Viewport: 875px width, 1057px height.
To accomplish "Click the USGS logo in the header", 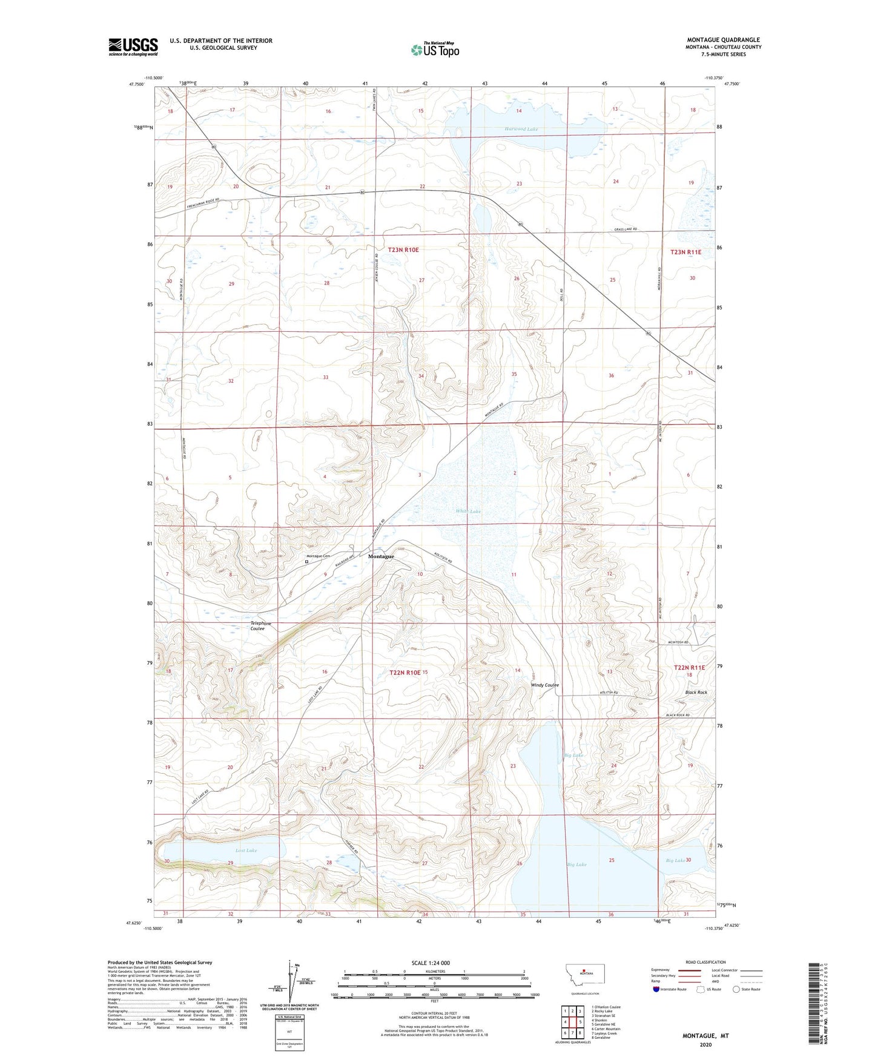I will click(x=133, y=47).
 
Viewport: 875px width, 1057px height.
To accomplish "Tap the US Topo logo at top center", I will click(x=434, y=50).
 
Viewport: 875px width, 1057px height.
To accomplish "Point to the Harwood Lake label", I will click(x=521, y=129).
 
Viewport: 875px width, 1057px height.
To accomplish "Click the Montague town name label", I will click(x=381, y=556).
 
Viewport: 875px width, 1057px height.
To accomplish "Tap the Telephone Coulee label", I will click(x=261, y=626).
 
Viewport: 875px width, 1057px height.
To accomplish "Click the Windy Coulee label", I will click(x=544, y=685).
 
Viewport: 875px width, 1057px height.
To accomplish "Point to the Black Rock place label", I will click(x=696, y=692).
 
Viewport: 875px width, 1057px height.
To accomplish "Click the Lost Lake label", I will click(x=246, y=851).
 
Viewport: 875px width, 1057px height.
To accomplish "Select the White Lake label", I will click(x=468, y=512).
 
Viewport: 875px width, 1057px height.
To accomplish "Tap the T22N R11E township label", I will click(x=689, y=667).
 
